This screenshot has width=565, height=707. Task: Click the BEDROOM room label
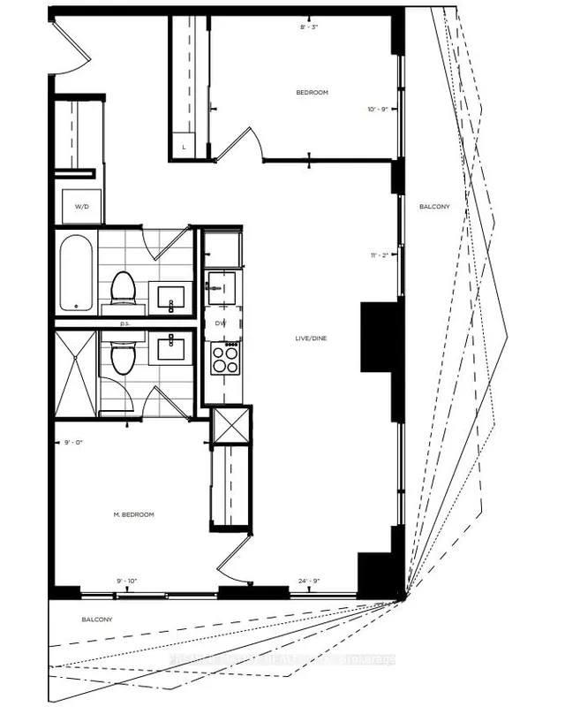pyautogui.click(x=312, y=93)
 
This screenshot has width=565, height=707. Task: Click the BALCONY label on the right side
pyautogui.click(x=434, y=207)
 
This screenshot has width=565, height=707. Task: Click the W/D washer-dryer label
pyautogui.click(x=81, y=208)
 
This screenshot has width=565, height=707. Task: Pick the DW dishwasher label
pyautogui.click(x=220, y=323)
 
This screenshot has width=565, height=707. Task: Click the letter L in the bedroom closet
pyautogui.click(x=183, y=147)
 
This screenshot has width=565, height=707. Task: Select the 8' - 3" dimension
pyautogui.click(x=307, y=27)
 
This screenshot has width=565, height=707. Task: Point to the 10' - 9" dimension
pyautogui.click(x=379, y=110)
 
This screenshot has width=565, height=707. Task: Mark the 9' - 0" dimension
pyautogui.click(x=72, y=443)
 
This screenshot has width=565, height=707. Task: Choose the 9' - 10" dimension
pyautogui.click(x=126, y=581)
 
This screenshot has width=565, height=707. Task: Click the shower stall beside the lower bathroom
pyautogui.click(x=75, y=371)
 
